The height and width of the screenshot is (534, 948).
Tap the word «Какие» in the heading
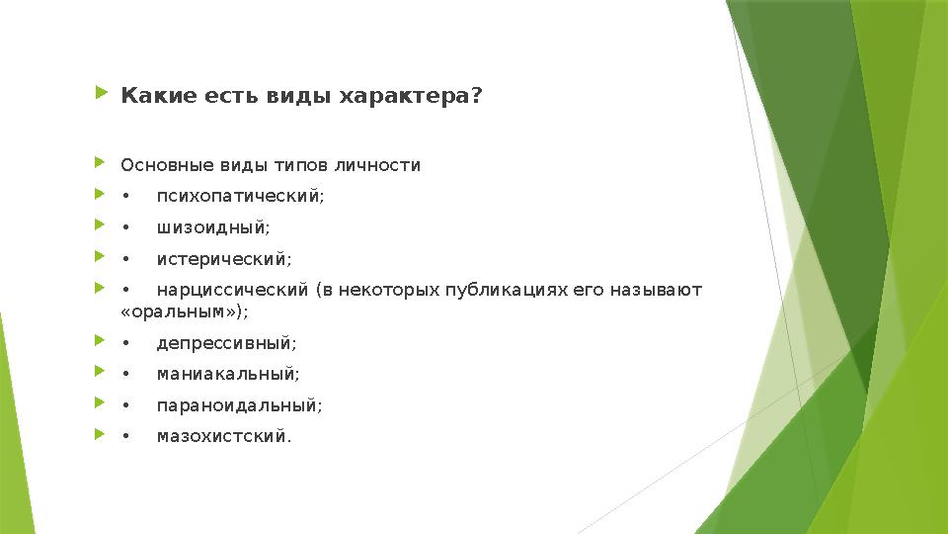coord(147,97)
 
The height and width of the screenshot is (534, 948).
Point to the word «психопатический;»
coord(240,196)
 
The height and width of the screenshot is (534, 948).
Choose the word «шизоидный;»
coord(212,227)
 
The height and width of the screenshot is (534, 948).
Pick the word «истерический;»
coord(224,259)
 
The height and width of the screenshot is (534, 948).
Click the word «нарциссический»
coord(233,290)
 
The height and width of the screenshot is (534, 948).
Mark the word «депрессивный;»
coord(226,343)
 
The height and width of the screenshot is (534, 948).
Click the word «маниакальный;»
coord(228,375)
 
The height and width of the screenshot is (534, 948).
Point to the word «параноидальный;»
coord(239,405)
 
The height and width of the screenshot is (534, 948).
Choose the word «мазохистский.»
coord(224,436)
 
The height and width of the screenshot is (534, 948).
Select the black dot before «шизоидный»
coord(124,228)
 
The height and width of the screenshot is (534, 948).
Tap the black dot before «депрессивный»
coord(124,344)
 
